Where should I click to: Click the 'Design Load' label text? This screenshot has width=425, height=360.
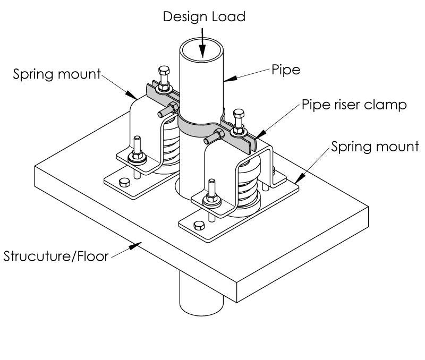[x=205, y=16]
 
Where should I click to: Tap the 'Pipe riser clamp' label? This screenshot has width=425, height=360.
[x=354, y=105]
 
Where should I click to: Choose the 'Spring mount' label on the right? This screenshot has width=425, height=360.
[x=375, y=146]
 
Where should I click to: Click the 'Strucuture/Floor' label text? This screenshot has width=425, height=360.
[x=56, y=258]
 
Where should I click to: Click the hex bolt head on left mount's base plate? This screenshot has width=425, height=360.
[x=124, y=183]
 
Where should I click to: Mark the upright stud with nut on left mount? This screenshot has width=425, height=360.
[x=137, y=149]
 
